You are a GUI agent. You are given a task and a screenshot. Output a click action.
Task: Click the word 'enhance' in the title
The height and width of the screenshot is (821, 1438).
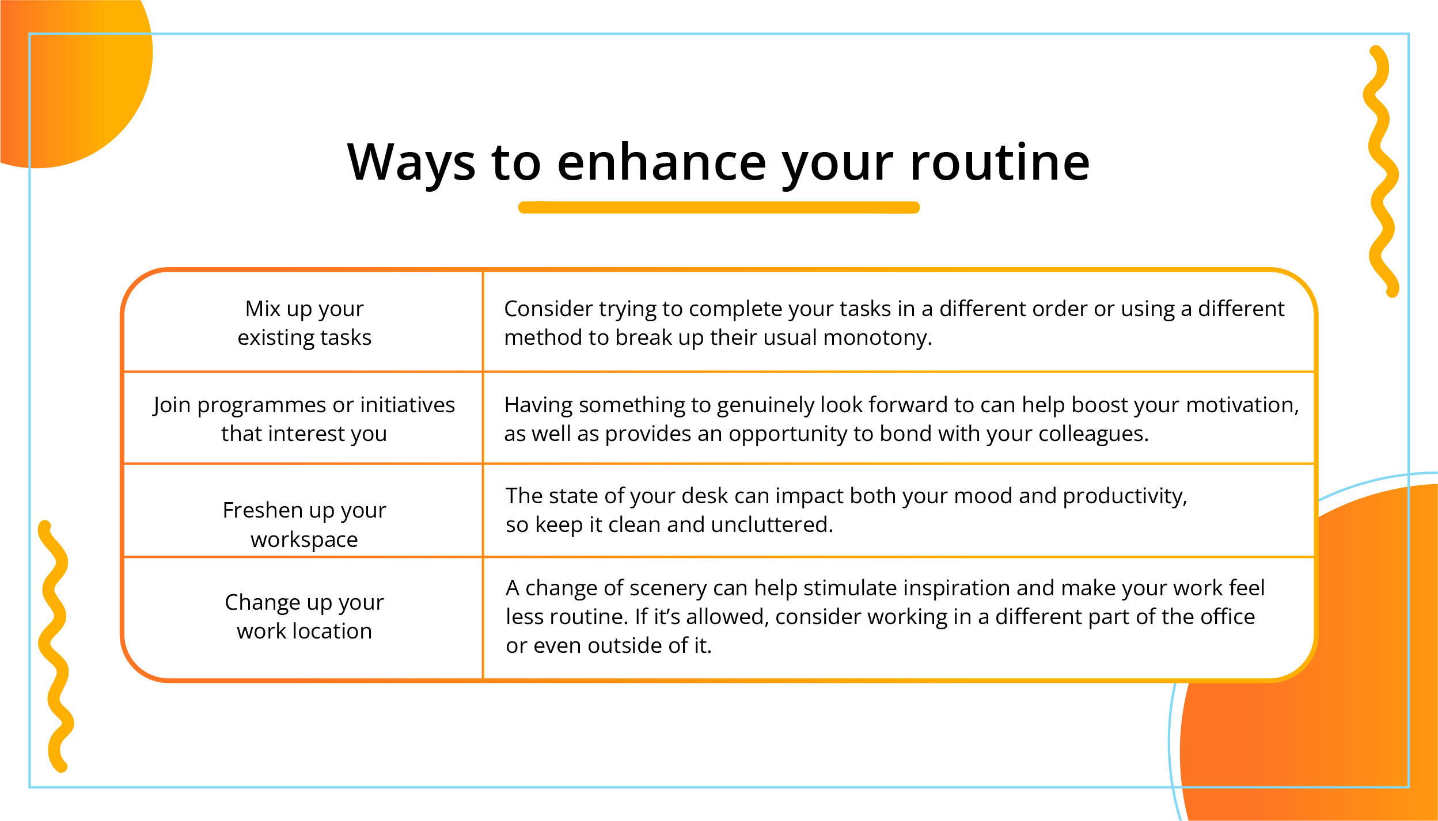tap(662, 162)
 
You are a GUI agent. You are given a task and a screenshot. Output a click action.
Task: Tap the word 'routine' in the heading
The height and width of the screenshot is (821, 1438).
tap(1000, 162)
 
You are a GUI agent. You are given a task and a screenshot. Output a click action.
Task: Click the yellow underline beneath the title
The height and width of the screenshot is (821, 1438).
tap(719, 207)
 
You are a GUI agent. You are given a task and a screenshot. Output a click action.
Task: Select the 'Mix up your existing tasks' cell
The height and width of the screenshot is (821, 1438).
tap(304, 323)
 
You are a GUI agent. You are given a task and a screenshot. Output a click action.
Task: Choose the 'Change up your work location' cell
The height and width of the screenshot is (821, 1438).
tap(304, 617)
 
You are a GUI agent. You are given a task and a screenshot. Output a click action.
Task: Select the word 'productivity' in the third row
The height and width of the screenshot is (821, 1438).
tap(1125, 496)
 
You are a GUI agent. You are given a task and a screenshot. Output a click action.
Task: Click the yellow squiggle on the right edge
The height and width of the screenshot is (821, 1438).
tap(1382, 173)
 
